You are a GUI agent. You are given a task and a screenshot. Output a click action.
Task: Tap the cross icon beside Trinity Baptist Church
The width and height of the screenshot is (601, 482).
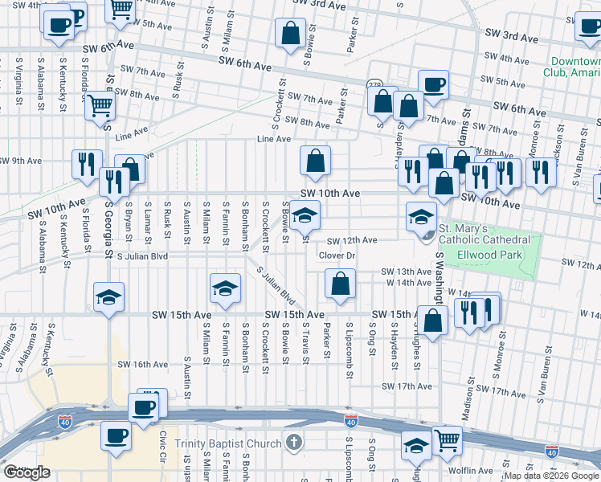click(294, 443)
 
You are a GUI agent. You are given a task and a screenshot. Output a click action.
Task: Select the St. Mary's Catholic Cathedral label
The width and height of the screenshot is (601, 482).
click(484, 234)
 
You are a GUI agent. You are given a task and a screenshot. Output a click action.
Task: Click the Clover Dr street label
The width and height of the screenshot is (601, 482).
click(337, 255)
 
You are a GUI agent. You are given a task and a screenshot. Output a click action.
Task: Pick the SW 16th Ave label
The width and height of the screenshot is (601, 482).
click(142, 365)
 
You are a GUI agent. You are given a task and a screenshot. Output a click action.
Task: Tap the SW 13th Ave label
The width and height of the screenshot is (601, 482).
click(407, 272)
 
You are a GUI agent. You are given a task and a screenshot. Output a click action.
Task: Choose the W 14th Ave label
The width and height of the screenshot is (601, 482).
click(409, 283)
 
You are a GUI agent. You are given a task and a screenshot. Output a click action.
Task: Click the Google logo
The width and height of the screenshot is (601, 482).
click(27, 472)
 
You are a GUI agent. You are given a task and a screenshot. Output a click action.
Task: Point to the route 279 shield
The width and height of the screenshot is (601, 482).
click(374, 85)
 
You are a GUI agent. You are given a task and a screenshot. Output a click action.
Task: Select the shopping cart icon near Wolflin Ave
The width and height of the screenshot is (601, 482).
click(447, 439)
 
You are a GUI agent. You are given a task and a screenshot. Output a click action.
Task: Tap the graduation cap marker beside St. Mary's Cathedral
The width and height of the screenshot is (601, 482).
click(421, 215)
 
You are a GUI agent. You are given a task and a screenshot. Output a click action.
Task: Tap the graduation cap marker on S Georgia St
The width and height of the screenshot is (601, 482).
click(108, 296)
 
